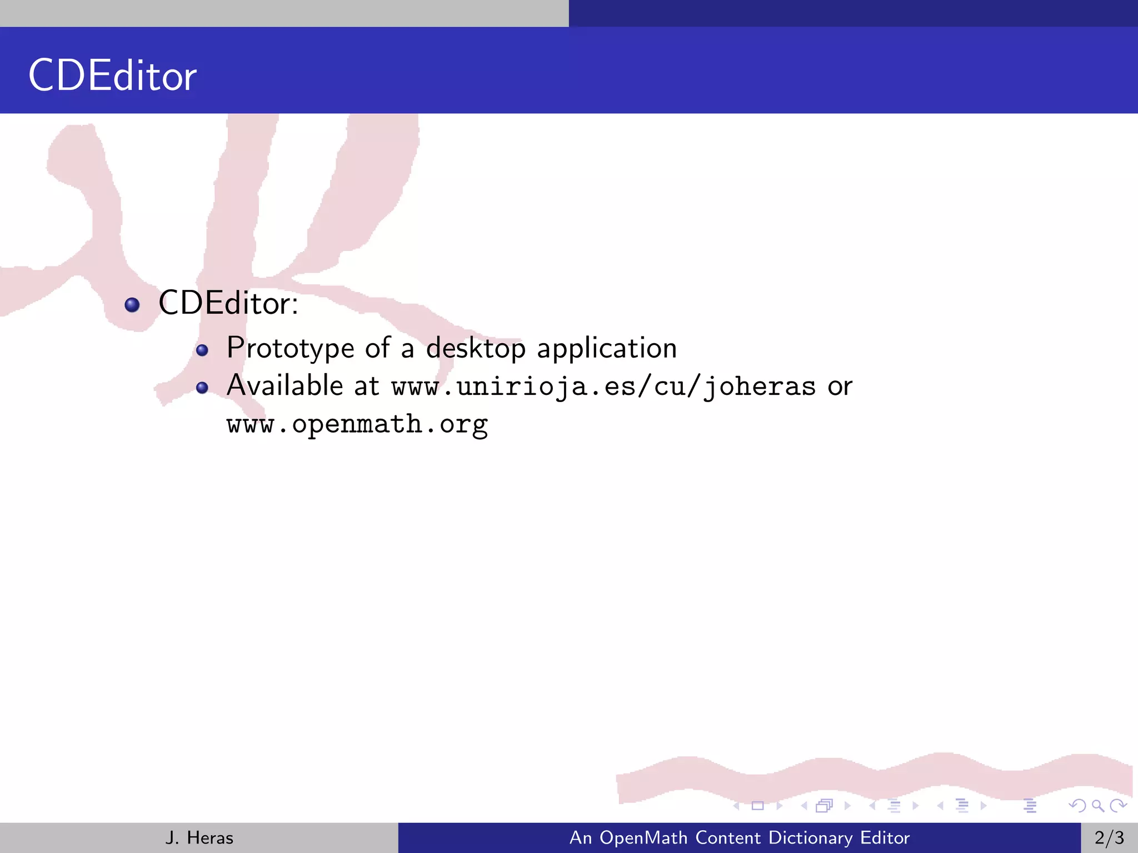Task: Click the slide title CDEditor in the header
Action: click(x=112, y=76)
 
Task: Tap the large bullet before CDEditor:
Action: click(x=132, y=304)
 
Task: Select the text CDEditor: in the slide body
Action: click(x=228, y=303)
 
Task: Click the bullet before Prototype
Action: click(x=202, y=350)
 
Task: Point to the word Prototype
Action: click(x=290, y=349)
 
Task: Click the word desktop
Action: click(x=476, y=349)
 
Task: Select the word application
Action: click(x=607, y=349)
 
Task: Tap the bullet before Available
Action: click(x=202, y=388)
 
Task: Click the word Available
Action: click(x=284, y=385)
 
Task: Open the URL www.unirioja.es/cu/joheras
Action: click(x=603, y=387)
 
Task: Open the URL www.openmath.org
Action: click(x=357, y=424)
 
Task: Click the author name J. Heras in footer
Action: click(x=199, y=837)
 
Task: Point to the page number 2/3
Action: click(x=1109, y=837)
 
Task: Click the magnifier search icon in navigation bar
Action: click(x=1097, y=806)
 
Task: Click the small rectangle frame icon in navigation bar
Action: click(x=757, y=806)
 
